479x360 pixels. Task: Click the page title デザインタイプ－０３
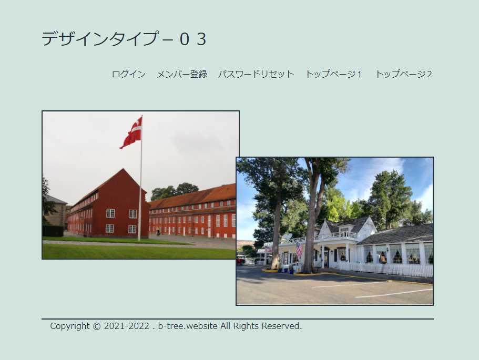tap(124, 39)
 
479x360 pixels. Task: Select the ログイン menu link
tap(129, 74)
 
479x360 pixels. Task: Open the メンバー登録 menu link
tap(182, 74)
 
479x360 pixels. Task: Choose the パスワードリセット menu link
tap(256, 74)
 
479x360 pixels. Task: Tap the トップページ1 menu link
tap(333, 74)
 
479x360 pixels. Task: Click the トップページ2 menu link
tap(403, 74)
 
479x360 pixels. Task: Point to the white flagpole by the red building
tap(140, 178)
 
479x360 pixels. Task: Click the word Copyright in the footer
tap(70, 326)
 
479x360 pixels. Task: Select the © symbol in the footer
tap(97, 326)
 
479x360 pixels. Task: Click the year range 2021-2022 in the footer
tap(127, 326)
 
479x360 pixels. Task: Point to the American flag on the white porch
tap(299, 250)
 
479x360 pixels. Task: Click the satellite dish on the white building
tap(287, 236)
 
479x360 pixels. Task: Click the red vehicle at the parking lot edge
tap(240, 261)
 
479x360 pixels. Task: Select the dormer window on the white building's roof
tap(344, 231)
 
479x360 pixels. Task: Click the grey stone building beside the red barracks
tap(55, 210)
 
